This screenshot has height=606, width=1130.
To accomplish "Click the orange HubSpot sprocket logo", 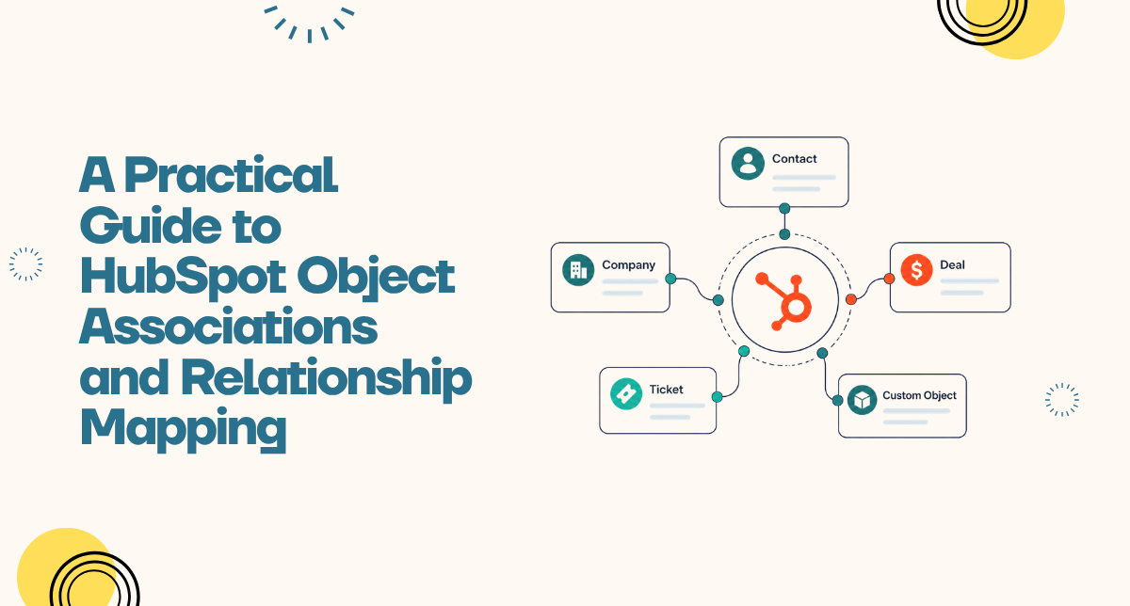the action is [783, 301].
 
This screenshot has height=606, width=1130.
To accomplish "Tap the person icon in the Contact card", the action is [748, 164].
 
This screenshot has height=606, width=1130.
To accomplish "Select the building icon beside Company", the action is [578, 270].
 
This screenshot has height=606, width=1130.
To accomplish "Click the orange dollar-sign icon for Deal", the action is [916, 270].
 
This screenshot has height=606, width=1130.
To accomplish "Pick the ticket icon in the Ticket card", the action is [626, 393].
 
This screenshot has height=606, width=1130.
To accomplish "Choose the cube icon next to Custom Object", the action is [863, 400].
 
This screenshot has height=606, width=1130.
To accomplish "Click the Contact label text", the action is [794, 159].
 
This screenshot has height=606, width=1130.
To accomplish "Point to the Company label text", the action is [629, 265].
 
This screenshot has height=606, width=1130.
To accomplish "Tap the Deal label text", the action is [952, 264].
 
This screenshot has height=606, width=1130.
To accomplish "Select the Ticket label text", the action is [666, 390].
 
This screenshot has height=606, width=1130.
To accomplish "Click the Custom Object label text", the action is [919, 395].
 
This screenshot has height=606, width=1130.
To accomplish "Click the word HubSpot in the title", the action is [183, 277].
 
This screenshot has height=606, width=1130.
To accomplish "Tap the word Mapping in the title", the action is [183, 429].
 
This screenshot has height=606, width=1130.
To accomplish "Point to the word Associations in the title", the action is [228, 326].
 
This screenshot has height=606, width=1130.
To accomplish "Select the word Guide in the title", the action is [151, 225].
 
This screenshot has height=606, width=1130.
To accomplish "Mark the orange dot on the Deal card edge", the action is [889, 279].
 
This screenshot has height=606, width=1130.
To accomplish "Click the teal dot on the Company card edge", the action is [670, 279].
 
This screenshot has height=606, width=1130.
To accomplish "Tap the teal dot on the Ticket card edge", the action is [717, 397].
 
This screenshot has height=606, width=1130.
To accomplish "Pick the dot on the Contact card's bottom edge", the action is [784, 208].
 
